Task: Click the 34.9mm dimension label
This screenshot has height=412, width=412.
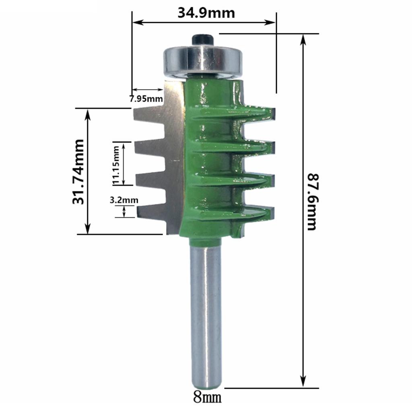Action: click(206, 13)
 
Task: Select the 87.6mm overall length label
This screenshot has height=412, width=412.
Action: click(313, 201)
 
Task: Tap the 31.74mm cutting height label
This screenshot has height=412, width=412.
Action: click(78, 172)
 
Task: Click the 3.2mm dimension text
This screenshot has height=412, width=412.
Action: click(124, 200)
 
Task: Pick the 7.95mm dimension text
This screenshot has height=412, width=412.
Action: click(146, 98)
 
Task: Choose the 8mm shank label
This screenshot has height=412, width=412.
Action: click(207, 398)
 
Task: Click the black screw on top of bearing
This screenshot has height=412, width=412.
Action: click(203, 39)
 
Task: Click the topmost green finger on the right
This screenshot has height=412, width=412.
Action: click(257, 113)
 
